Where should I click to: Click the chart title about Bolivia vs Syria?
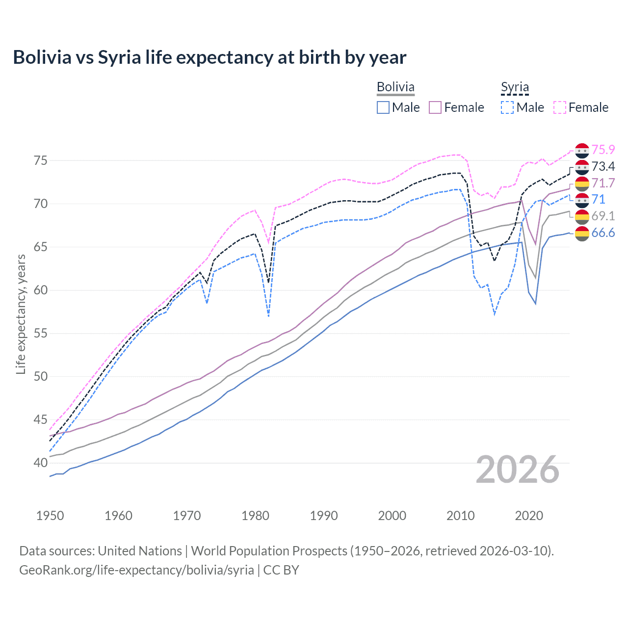[x=209, y=57]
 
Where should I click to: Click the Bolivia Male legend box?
[x=383, y=107]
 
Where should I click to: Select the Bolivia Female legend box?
[x=435, y=107]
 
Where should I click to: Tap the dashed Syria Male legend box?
[x=507, y=107]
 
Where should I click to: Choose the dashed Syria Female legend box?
[x=560, y=107]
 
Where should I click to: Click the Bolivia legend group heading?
[x=395, y=87]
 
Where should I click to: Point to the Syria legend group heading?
[x=515, y=87]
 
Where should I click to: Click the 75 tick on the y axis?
[x=41, y=160]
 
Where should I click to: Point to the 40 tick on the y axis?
[x=41, y=463]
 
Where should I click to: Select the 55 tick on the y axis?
[x=41, y=333]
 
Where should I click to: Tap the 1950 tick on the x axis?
[x=50, y=516]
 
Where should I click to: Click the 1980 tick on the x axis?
[x=255, y=516]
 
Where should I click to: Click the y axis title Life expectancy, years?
[x=21, y=314]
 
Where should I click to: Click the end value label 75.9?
[x=603, y=150]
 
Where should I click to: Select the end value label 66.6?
[x=603, y=233]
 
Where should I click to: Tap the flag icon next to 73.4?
[x=582, y=167]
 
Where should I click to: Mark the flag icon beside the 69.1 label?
[x=582, y=216]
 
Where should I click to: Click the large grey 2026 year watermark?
[x=518, y=470]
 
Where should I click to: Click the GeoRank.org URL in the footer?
[x=136, y=570]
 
